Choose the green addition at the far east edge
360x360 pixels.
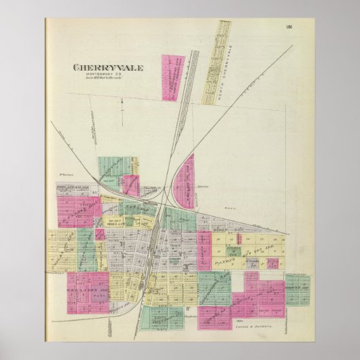[x=297, y=290]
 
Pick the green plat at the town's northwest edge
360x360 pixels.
[x=112, y=168]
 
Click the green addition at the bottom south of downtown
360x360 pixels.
[x=166, y=316]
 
